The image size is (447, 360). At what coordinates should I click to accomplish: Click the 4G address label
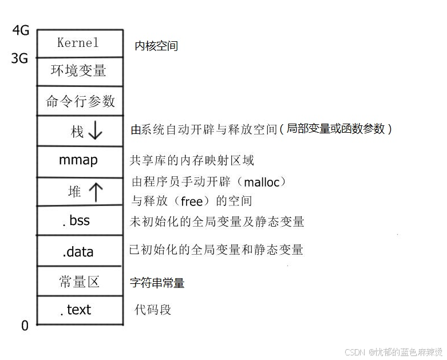coord(21,31)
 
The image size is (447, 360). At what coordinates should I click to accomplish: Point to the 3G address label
coord(20,58)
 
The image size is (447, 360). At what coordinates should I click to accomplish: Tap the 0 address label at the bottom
coord(25,326)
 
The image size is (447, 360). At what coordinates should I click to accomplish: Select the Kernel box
coord(79,43)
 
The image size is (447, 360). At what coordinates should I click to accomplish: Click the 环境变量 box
coord(79,72)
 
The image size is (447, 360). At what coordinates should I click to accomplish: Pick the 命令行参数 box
coord(80,101)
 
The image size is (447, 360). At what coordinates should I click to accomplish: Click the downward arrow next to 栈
coord(95,131)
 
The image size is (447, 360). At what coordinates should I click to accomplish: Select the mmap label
coord(78,160)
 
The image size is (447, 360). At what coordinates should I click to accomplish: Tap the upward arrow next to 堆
coord(95,192)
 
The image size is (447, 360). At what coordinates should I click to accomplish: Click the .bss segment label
coord(76,220)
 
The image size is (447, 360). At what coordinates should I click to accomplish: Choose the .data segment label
coord(78,252)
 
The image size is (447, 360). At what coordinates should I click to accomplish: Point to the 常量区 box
coord(79,282)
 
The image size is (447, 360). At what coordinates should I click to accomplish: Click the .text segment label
coord(76,310)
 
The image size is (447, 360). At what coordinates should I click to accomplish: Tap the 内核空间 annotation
coord(156,46)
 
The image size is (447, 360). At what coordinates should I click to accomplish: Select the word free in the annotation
coord(192,201)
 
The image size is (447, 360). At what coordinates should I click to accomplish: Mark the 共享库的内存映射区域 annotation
coord(192,160)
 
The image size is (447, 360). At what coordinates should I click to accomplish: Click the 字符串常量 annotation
coord(157,283)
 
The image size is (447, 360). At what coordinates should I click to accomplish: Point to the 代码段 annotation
coord(153,310)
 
